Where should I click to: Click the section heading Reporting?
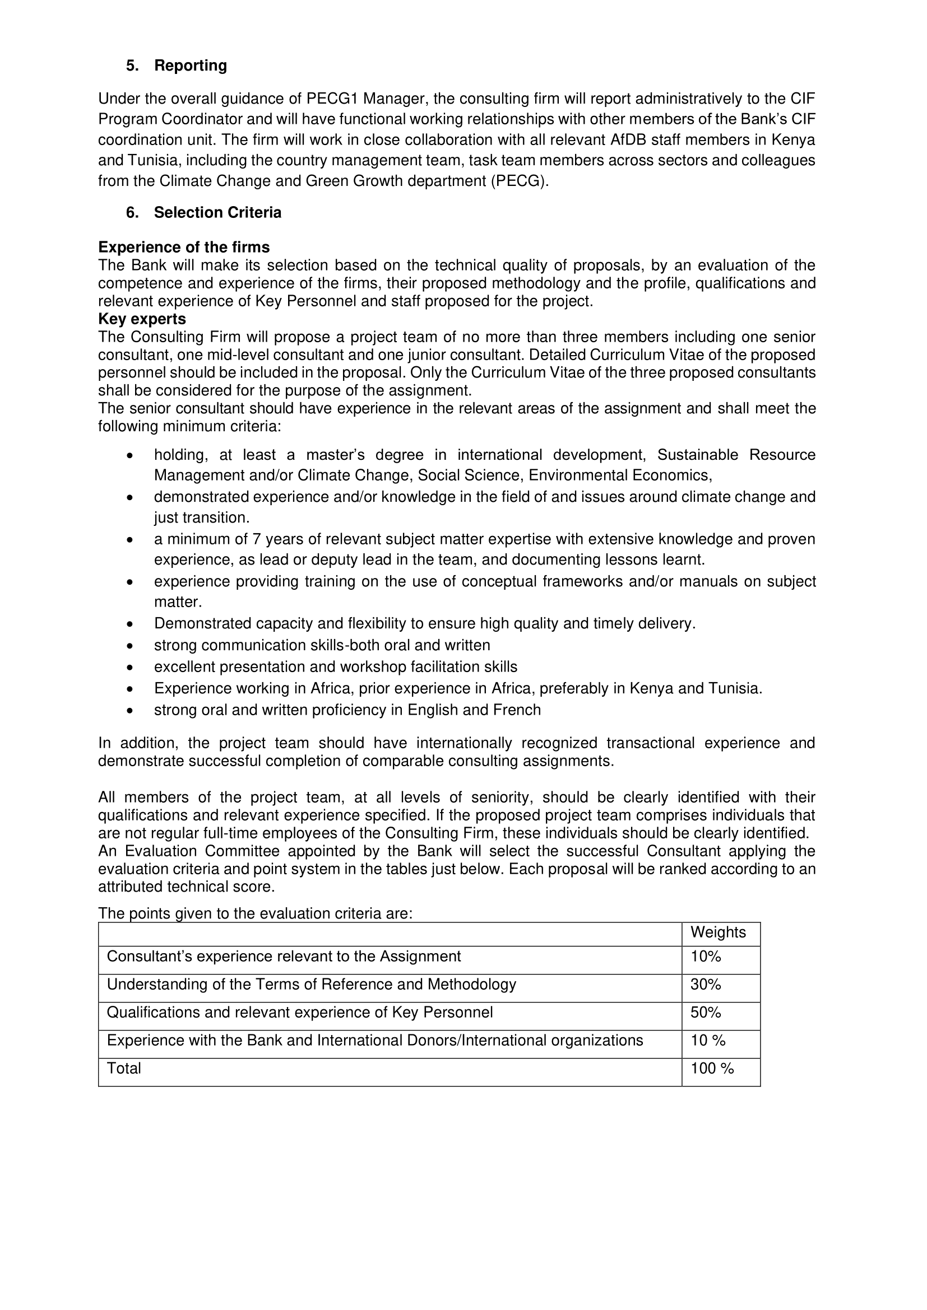point(190,66)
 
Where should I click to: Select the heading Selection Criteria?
point(217,213)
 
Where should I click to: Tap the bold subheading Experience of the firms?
point(184,247)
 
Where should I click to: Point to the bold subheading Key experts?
point(142,318)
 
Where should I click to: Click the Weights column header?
point(718,933)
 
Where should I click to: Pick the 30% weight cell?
point(706,984)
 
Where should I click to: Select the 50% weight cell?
point(706,1012)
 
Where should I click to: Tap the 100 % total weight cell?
point(712,1068)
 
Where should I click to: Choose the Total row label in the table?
point(124,1068)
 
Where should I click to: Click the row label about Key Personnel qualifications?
point(300,1012)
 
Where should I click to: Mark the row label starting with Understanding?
point(311,984)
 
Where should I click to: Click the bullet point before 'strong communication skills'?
point(130,646)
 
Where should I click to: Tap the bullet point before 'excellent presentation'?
point(130,668)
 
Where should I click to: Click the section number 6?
point(132,213)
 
